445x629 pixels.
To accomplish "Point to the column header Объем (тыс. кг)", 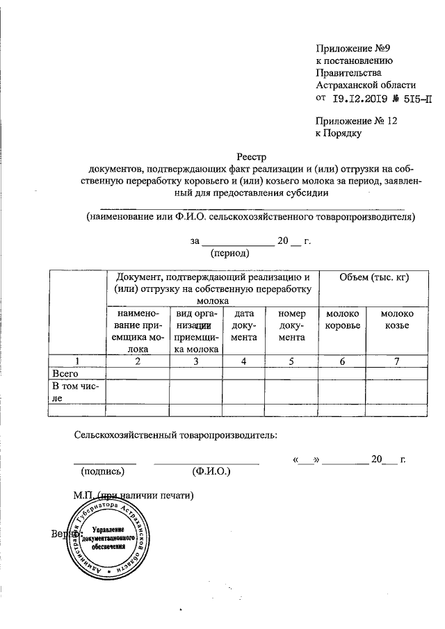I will click(x=373, y=278).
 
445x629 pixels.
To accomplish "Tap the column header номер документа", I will click(x=291, y=326).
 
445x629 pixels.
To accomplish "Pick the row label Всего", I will click(x=58, y=373).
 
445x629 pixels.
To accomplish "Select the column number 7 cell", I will click(x=397, y=361).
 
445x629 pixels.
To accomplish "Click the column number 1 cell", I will click(x=77, y=361).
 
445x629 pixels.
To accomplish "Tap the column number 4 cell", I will click(x=243, y=361).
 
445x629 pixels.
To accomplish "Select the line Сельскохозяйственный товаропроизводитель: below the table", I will click(x=176, y=435).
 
